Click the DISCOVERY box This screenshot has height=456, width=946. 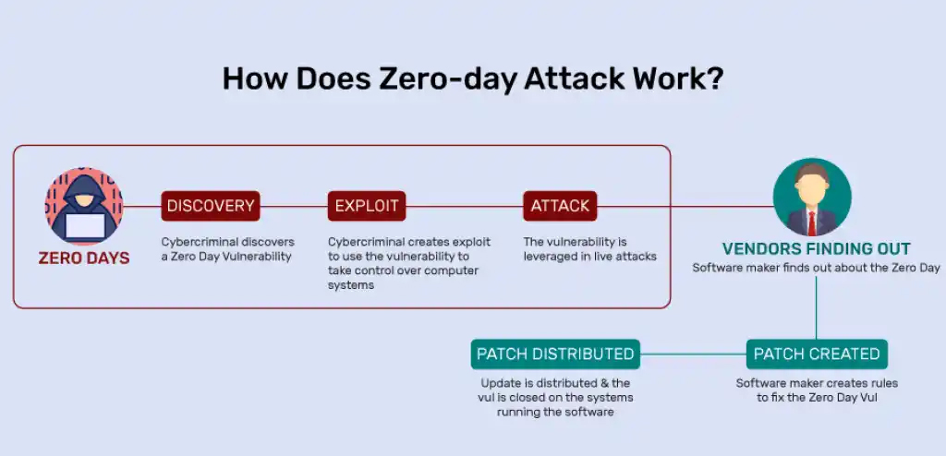tap(210, 206)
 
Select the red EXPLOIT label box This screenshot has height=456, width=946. tap(366, 206)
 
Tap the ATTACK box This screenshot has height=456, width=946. tap(560, 206)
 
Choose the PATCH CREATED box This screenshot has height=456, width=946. tap(817, 354)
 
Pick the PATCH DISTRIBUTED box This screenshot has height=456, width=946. tap(555, 354)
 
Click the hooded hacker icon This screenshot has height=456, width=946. tap(83, 205)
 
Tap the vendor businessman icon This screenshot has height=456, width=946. tap(812, 198)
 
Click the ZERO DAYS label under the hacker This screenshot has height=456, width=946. tap(84, 258)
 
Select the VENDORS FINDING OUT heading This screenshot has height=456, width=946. tap(816, 248)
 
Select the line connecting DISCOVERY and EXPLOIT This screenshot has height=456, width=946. tap(293, 206)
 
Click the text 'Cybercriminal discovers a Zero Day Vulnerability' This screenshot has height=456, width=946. tap(226, 249)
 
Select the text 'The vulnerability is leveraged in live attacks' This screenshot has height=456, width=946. tap(589, 249)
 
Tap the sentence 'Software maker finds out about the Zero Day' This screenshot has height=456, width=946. tap(816, 268)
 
